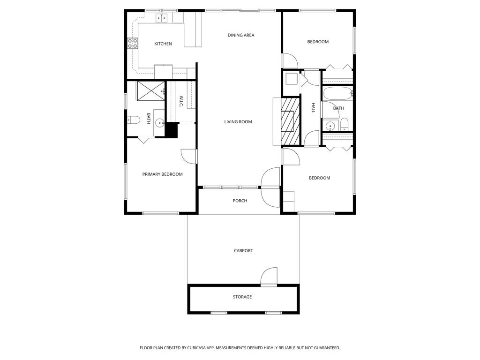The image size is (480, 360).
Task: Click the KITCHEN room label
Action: click(163, 44)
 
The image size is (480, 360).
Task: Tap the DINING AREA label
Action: click(241, 35)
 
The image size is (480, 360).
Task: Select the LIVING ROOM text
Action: click(238, 122)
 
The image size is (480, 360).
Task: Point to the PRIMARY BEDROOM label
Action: click(162, 174)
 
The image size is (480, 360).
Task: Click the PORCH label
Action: click(240, 201)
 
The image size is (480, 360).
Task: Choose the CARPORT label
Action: click(243, 251)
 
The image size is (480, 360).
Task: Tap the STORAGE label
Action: click(242, 297)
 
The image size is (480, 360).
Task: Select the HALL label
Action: click(313, 108)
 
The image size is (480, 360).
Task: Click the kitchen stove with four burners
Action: click(133, 44)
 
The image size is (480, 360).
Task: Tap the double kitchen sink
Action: click(162, 18)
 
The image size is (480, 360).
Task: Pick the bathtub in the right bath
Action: click(337, 94)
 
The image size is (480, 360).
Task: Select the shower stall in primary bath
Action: click(151, 90)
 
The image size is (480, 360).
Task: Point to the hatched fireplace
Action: click(290, 121)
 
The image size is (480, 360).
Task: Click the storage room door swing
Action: click(269, 277)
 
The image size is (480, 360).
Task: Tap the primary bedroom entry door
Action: click(189, 157)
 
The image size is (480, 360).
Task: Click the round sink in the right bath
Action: click(331, 126)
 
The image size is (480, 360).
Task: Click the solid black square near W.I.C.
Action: click(172, 130)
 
